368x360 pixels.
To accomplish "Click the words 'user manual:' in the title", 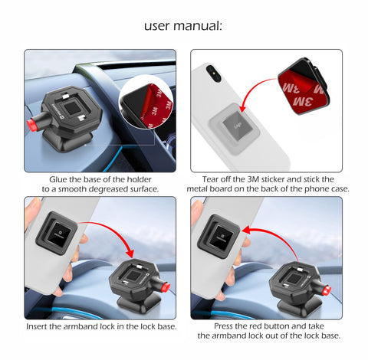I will coord(183,25).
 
